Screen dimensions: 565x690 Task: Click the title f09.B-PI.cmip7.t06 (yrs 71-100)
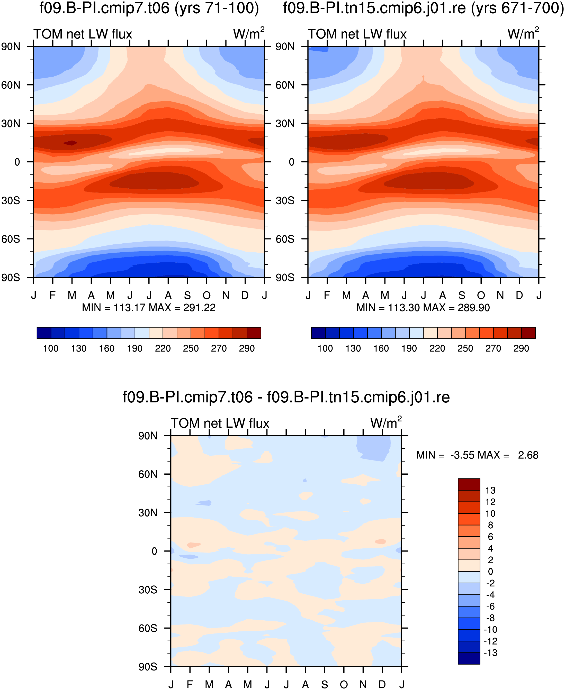[149, 8]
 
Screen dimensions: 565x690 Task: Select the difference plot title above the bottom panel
[286, 397]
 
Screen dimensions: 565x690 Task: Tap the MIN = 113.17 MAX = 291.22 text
[149, 308]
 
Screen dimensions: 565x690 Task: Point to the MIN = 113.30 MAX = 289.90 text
[423, 308]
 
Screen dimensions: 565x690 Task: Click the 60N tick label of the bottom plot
[148, 474]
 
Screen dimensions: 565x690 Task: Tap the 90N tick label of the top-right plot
[285, 47]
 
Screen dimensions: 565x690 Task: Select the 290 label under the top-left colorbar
[247, 348]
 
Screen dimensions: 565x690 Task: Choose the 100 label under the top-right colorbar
[325, 348]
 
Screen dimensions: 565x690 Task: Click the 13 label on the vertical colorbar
[490, 490]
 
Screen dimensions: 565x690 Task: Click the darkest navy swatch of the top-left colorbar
[44, 333]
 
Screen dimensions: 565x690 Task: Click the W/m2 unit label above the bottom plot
[386, 422]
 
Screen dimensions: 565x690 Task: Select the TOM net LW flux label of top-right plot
[357, 34]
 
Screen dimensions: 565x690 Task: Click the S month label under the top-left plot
[187, 295]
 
